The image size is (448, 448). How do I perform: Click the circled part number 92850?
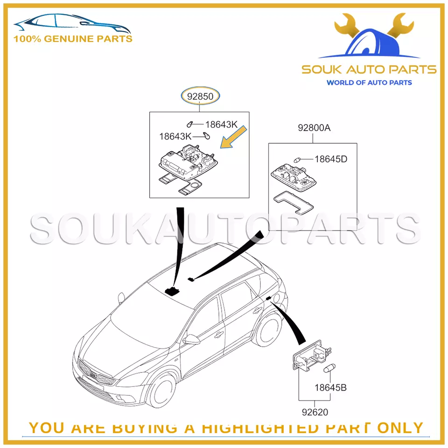click(200, 97)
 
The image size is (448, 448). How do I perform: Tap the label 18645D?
click(330, 159)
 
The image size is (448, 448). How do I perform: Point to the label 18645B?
click(330, 387)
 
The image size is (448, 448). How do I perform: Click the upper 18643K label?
click(221, 125)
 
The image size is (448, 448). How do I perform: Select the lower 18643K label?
click(175, 137)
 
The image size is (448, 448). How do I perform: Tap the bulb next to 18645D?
click(297, 159)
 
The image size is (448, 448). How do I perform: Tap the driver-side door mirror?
click(191, 339)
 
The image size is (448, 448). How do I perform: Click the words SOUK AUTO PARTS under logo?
click(369, 70)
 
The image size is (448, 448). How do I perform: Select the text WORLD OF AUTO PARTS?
click(369, 83)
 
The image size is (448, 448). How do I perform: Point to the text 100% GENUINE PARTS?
click(73, 39)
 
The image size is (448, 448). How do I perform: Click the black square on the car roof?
click(174, 291)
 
